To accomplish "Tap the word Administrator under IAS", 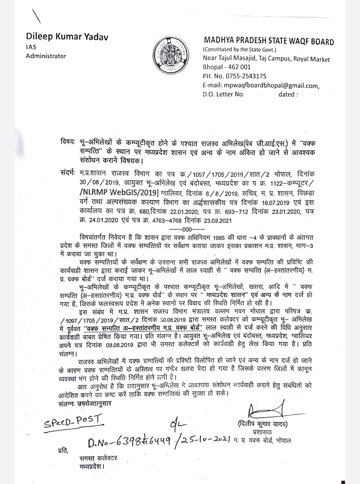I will pyautogui.click(x=46, y=56).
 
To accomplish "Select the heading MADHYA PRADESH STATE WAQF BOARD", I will pyautogui.click(x=268, y=42).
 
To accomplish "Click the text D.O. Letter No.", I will pyautogui.click(x=223, y=94).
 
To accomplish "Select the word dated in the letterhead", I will pyautogui.click(x=286, y=94).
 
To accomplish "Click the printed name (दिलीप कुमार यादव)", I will pyautogui.click(x=263, y=424).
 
